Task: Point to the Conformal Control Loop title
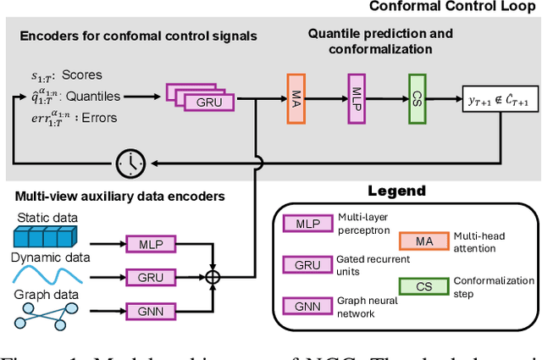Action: pyautogui.click(x=452, y=8)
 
